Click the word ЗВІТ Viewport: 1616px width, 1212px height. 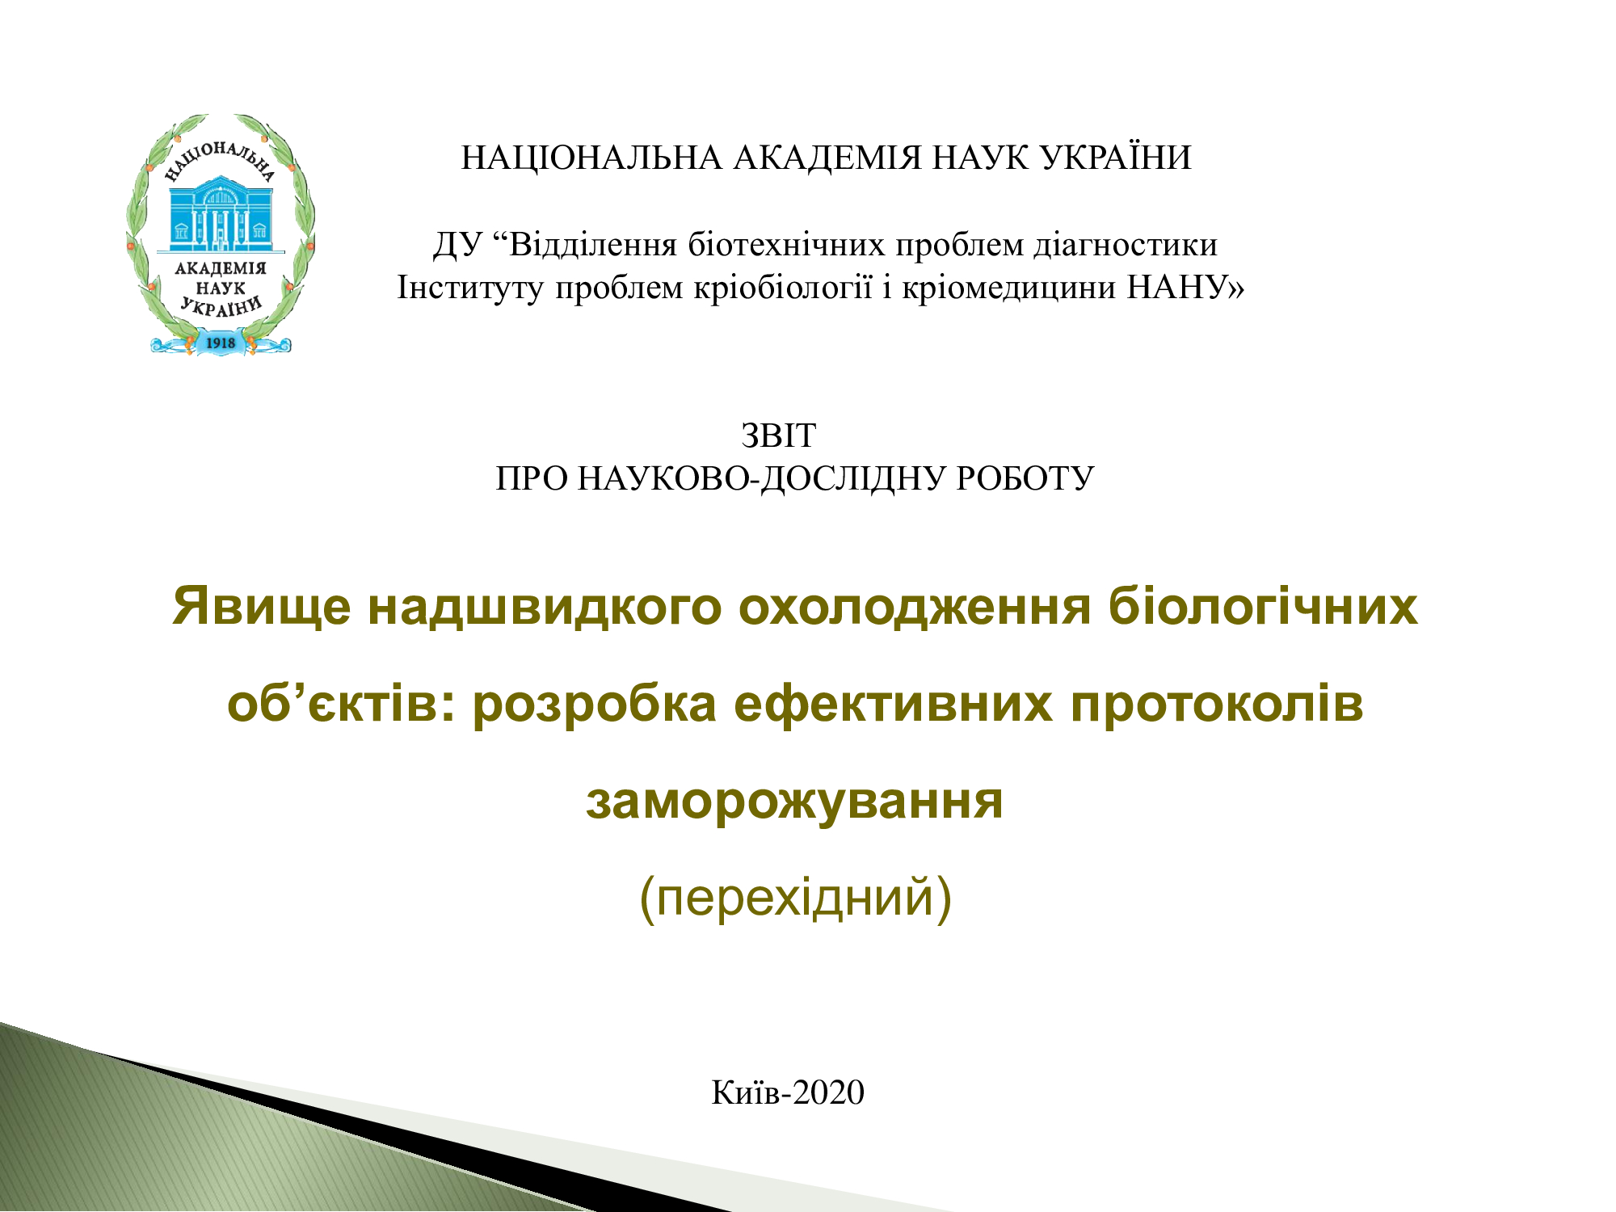point(778,436)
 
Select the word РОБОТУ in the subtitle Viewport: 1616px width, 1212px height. point(1025,479)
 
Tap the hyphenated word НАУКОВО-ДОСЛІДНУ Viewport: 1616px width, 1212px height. point(763,479)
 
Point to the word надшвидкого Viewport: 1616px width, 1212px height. point(545,607)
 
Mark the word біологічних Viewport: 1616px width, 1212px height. point(1263,606)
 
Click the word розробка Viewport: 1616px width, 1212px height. point(595,705)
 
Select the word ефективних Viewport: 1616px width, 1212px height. point(894,704)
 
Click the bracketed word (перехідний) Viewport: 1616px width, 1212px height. point(796,898)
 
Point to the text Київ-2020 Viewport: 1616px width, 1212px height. point(788,1092)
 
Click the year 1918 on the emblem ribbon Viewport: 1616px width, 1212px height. point(221,343)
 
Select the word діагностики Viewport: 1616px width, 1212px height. point(1126,245)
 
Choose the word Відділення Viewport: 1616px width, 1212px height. point(593,245)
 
